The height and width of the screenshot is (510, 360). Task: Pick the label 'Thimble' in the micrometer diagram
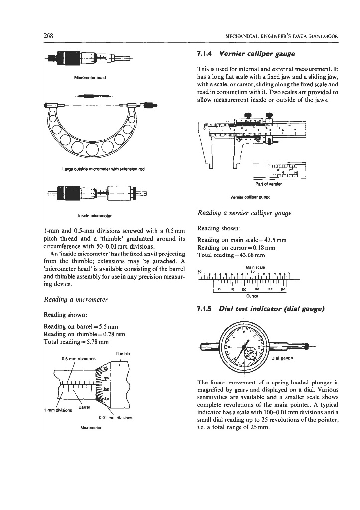click(122, 353)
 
